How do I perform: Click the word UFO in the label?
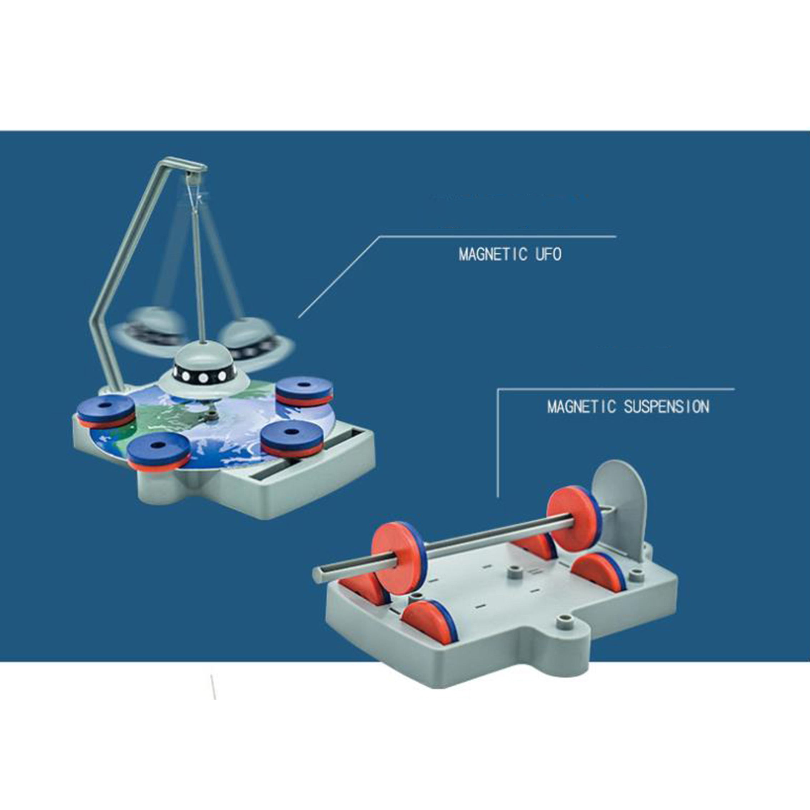[548, 255]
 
